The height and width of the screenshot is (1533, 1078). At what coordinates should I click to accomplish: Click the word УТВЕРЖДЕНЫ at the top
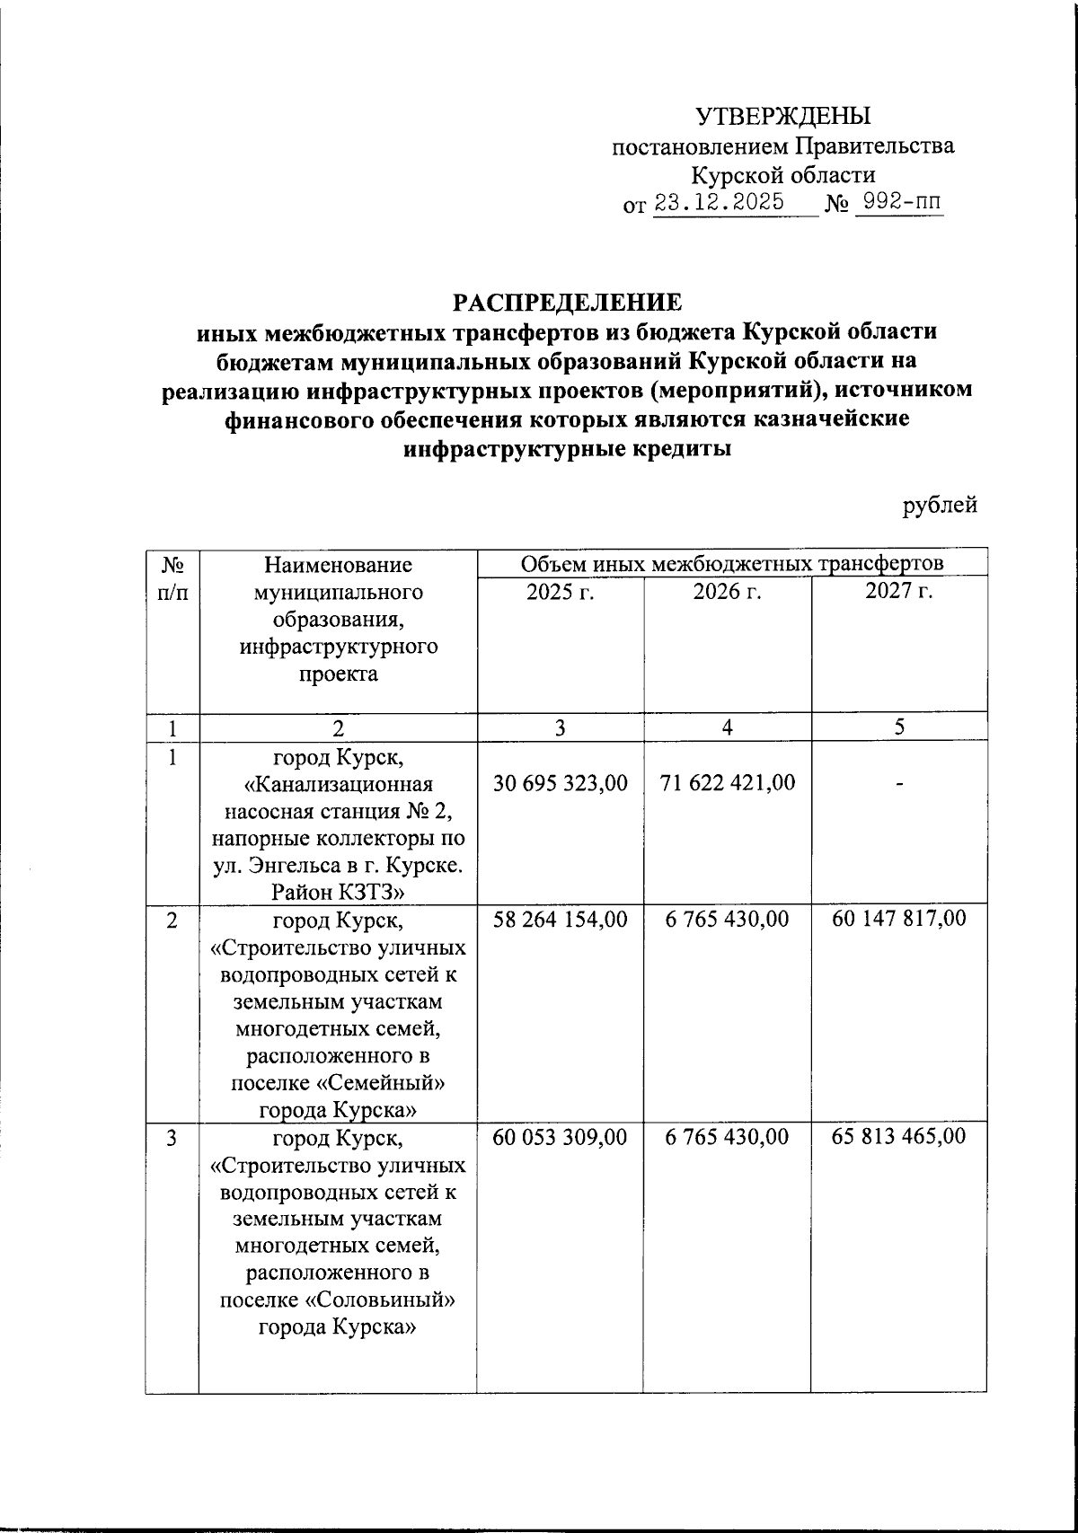(x=783, y=116)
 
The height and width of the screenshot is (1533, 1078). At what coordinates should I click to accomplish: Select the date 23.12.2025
(x=719, y=203)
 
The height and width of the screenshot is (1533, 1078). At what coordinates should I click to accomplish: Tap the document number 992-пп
(x=898, y=203)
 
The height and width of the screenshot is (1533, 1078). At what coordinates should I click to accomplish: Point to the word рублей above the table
(x=940, y=507)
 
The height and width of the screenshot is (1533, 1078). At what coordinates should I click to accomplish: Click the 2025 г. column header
(x=561, y=592)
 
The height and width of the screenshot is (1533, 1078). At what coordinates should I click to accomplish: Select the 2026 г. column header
(x=727, y=592)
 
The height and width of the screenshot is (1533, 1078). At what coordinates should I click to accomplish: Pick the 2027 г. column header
(x=898, y=592)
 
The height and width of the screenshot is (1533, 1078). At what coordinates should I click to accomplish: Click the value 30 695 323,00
(x=561, y=783)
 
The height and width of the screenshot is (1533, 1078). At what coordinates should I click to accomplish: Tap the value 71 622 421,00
(x=727, y=783)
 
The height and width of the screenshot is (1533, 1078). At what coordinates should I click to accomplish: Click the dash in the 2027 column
(x=898, y=785)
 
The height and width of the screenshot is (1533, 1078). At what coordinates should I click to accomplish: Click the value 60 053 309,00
(x=561, y=1137)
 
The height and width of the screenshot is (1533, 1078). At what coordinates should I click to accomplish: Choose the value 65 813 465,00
(x=898, y=1137)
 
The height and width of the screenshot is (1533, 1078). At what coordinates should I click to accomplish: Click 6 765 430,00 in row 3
(x=727, y=1137)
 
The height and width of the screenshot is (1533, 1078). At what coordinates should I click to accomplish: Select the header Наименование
(x=338, y=565)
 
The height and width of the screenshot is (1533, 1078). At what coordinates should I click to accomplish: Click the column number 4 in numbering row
(x=727, y=727)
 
